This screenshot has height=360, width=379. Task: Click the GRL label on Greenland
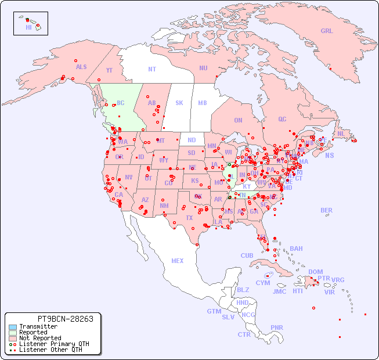(x=327, y=31)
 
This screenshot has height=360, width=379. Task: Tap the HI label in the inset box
(x=28, y=27)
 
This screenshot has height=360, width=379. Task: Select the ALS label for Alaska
(x=81, y=67)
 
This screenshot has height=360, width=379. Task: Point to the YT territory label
(x=109, y=70)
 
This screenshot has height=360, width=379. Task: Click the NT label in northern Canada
(x=152, y=69)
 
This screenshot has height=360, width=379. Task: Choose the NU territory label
(x=203, y=68)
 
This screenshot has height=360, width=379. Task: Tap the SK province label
(x=179, y=103)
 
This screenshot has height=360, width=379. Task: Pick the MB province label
(x=203, y=103)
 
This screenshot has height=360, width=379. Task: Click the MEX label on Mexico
(x=178, y=261)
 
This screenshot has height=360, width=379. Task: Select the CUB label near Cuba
(x=247, y=255)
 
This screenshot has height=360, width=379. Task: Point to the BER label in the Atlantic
(x=327, y=210)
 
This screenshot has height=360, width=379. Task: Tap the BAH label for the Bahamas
(x=296, y=249)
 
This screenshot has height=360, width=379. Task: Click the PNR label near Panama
(x=277, y=327)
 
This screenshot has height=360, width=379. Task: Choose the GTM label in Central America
(x=214, y=311)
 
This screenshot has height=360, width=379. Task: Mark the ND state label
(x=192, y=140)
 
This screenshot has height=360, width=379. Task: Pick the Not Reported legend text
(x=40, y=338)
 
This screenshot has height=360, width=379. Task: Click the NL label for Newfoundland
(x=341, y=133)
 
